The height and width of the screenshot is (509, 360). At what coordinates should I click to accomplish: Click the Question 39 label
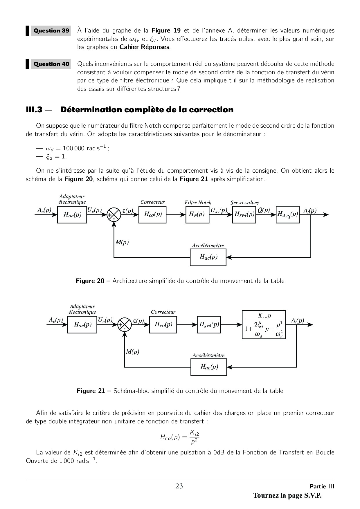pos(51,30)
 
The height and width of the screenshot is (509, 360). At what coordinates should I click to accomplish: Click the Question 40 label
pos(51,64)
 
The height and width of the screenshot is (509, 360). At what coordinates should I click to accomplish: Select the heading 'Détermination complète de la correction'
pos(147,110)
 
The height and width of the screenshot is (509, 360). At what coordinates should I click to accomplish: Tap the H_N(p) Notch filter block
pos(197,214)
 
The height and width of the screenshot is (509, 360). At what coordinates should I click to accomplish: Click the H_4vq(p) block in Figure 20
pos(287,214)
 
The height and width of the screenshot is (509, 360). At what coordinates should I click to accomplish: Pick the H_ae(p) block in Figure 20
pos(72,214)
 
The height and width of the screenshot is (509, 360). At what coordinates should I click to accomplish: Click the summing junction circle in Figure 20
pos(114,214)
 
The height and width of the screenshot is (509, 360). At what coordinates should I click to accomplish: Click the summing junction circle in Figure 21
pos(125,324)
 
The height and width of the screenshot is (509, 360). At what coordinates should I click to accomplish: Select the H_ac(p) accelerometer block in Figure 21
pos(208,367)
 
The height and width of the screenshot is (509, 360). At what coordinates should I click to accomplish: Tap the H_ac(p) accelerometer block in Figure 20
pos(208,257)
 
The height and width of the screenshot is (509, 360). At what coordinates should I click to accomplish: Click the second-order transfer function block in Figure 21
pos(264,324)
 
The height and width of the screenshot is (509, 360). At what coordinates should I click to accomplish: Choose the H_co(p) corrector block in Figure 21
pos(163,324)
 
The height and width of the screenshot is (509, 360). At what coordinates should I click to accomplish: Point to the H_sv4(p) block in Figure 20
pos(244,214)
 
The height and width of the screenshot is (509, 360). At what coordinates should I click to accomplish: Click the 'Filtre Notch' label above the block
pos(198,203)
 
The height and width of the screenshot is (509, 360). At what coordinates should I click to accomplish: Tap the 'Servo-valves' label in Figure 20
pos(245,203)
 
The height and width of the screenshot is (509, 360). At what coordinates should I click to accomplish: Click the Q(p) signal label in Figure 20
pos(264,210)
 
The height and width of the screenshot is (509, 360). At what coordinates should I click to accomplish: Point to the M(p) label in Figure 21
pos(133,352)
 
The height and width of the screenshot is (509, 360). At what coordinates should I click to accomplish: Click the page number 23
pos(179,486)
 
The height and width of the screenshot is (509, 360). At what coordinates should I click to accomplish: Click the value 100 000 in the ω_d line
pos(73,148)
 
